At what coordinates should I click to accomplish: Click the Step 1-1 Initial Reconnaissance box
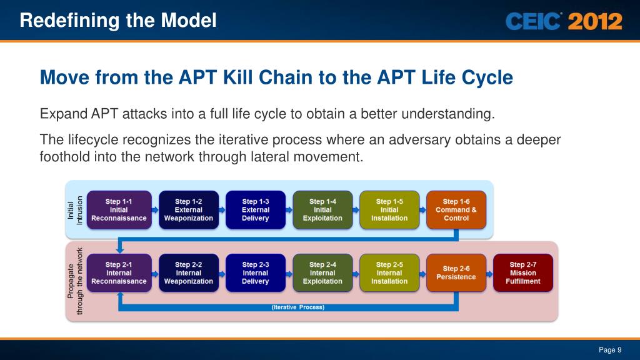tap(119, 210)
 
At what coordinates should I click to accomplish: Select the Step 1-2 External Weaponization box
tap(189, 210)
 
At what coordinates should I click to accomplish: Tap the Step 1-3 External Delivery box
tap(256, 210)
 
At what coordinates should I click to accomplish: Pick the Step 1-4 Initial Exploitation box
tap(322, 210)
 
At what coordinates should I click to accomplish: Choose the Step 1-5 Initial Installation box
tap(389, 210)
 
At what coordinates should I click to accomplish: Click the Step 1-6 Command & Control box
tap(456, 210)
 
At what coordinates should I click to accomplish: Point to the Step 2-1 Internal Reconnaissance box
tap(119, 273)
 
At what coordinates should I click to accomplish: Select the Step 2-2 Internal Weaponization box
tap(189, 273)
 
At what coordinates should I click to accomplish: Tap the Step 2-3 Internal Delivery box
tap(256, 273)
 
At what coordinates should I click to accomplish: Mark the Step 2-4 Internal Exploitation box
tap(322, 273)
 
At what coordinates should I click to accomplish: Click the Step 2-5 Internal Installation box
tap(389, 273)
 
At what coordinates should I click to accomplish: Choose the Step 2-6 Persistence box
tap(456, 273)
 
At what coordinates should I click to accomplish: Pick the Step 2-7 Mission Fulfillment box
tap(523, 273)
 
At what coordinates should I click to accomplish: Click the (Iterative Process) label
tap(298, 307)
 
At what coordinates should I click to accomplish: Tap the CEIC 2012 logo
tap(564, 22)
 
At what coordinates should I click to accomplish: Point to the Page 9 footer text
tap(610, 350)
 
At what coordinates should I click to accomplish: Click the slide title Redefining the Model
tap(118, 21)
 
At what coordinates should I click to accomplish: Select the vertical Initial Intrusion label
tap(75, 211)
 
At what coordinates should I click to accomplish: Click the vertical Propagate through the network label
tap(75, 281)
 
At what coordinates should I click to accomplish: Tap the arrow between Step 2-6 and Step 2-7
tap(489, 273)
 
